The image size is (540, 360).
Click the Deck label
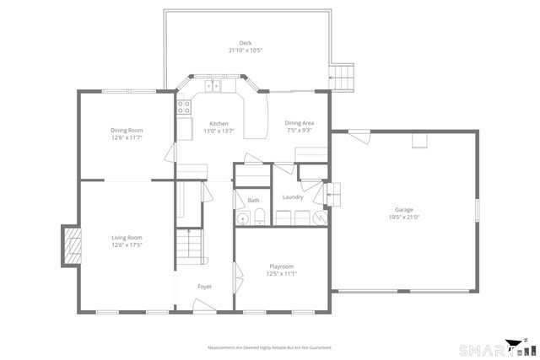coord(246,42)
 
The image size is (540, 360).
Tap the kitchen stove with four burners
coord(183,106)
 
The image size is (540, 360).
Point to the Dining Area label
coord(299,123)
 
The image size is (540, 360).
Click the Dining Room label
coord(127,130)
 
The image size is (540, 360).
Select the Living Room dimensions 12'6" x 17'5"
coord(127,245)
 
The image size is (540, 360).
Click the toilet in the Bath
coord(261,218)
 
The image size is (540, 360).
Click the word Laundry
coord(293,197)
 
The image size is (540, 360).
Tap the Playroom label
coord(281,266)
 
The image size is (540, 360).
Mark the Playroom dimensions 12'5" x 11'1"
coord(281,273)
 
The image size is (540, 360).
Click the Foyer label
coord(204,287)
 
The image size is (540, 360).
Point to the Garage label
coord(404,209)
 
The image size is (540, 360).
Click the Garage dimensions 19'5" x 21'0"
coord(404,217)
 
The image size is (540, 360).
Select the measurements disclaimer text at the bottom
coord(270,347)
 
